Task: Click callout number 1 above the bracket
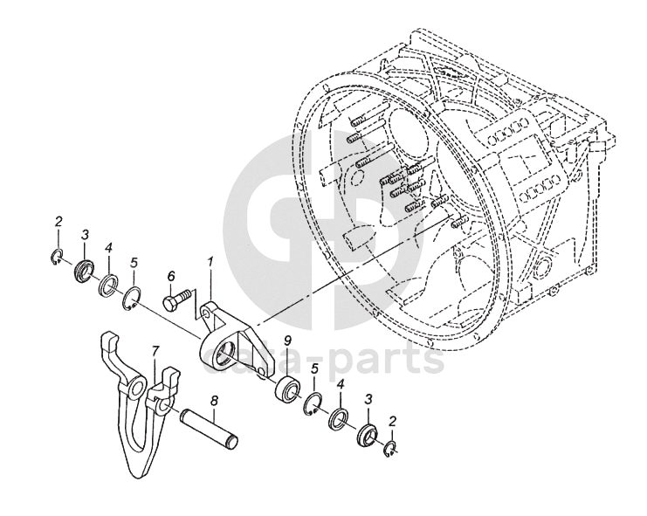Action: pyautogui.click(x=210, y=261)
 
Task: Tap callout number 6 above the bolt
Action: pyautogui.click(x=171, y=275)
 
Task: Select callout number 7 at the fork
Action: pyautogui.click(x=155, y=350)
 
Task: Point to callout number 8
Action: pyautogui.click(x=214, y=402)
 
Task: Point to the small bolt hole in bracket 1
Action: pyautogui.click(x=206, y=309)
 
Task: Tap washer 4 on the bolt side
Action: pyautogui.click(x=109, y=286)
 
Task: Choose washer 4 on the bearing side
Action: pyautogui.click(x=339, y=418)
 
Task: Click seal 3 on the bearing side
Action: pyautogui.click(x=367, y=434)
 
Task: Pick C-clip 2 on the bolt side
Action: pyautogui.click(x=56, y=256)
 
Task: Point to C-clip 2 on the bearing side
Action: pyautogui.click(x=392, y=450)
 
